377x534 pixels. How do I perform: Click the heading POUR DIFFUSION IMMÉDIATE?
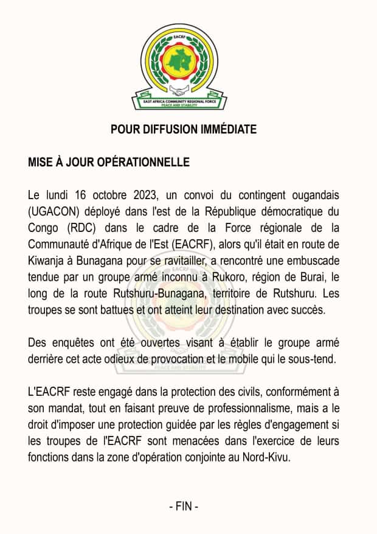pos(184,130)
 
